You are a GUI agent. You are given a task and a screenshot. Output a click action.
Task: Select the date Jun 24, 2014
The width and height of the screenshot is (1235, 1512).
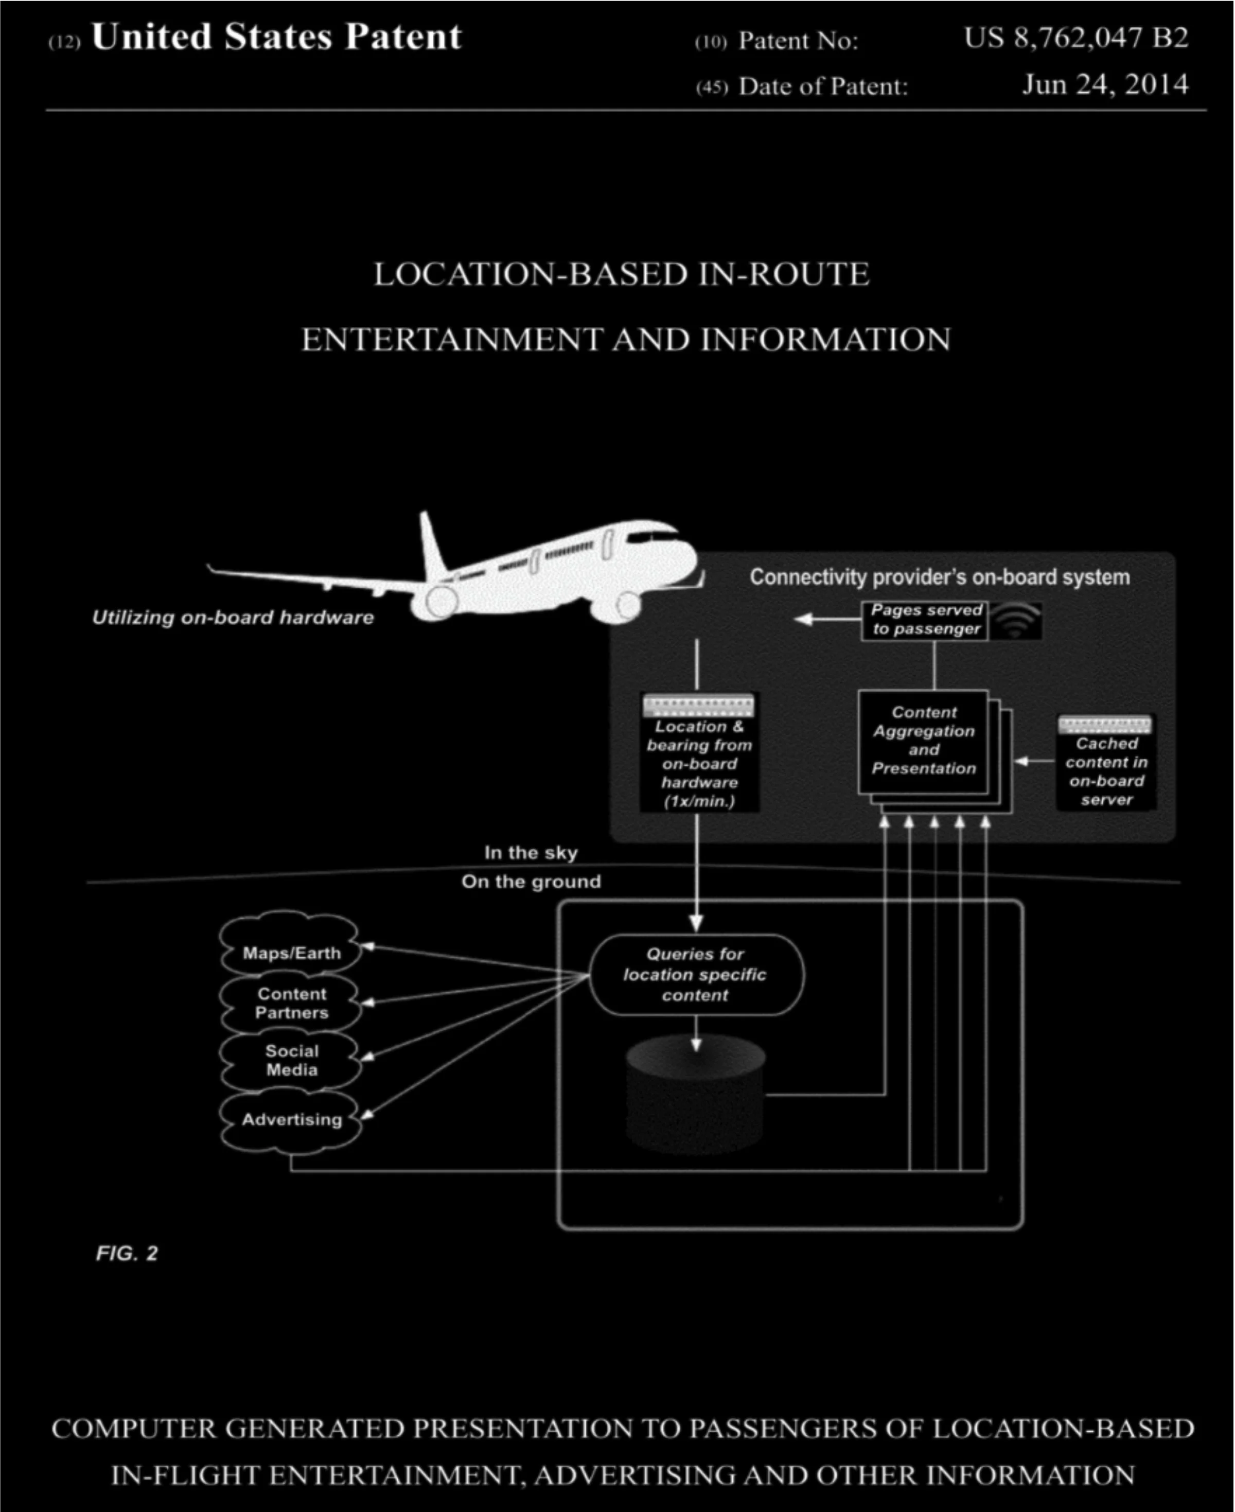point(1105,85)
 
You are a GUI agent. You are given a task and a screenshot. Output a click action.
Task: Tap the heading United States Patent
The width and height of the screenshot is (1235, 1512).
point(276,37)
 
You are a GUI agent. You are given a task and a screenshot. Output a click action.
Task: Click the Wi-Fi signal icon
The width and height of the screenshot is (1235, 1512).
point(1016,621)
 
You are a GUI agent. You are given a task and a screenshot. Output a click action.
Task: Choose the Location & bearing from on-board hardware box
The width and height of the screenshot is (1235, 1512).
point(699,754)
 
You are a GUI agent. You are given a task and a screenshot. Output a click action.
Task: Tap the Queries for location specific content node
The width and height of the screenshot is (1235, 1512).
point(696,975)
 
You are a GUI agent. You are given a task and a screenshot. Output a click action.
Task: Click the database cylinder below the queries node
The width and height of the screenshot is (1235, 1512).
point(695,1096)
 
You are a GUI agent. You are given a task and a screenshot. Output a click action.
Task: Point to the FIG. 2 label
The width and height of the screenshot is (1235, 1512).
point(127,1254)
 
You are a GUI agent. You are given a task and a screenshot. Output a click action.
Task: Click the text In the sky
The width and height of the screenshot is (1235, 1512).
point(531,852)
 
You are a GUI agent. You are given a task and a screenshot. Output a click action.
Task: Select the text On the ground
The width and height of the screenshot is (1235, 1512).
point(531,882)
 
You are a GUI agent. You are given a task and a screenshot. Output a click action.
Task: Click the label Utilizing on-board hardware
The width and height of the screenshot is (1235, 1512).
point(233,618)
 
